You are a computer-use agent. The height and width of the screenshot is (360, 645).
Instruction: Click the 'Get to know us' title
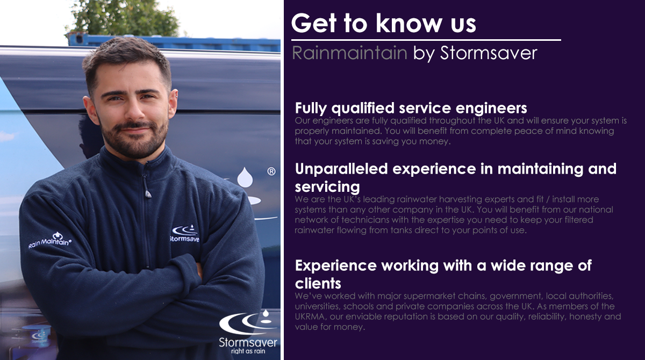383,23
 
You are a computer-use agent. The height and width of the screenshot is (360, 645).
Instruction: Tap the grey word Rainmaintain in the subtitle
349,53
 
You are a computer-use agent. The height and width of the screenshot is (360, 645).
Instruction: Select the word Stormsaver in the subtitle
489,53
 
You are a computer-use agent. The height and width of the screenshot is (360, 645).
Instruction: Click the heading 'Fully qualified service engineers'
411,109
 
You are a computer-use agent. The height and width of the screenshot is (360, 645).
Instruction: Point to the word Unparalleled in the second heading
341,169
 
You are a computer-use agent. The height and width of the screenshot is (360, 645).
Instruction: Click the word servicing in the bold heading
327,187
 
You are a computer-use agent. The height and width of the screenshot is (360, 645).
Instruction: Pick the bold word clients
318,284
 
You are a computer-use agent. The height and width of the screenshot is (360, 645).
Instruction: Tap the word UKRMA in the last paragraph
311,316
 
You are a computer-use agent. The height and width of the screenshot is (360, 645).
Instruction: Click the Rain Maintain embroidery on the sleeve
50,240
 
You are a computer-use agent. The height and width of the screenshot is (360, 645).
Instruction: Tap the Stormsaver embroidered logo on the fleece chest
184,233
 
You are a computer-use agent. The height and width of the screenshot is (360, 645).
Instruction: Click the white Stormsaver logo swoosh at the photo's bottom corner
248,323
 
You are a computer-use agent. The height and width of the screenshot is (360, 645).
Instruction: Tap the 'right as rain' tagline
248,351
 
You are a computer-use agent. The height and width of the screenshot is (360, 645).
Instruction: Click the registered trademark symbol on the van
271,171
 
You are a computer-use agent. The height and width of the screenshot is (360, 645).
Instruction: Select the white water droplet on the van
245,177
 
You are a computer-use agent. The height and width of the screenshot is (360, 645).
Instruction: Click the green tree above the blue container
124,18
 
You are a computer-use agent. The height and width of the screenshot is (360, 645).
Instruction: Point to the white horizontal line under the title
426,40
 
